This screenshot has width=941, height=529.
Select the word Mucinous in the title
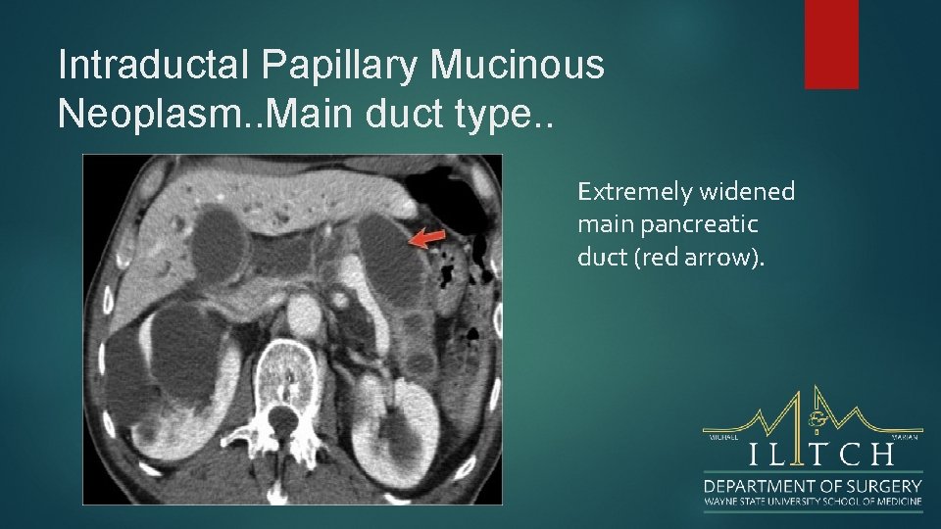coord(518,66)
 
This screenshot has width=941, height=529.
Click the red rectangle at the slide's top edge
coord(831,44)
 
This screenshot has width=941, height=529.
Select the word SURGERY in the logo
coord(886,485)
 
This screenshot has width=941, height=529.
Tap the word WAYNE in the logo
coord(720,502)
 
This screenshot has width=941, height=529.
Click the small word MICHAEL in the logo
coord(722,438)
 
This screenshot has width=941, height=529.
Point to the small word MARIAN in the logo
coord(905,438)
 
